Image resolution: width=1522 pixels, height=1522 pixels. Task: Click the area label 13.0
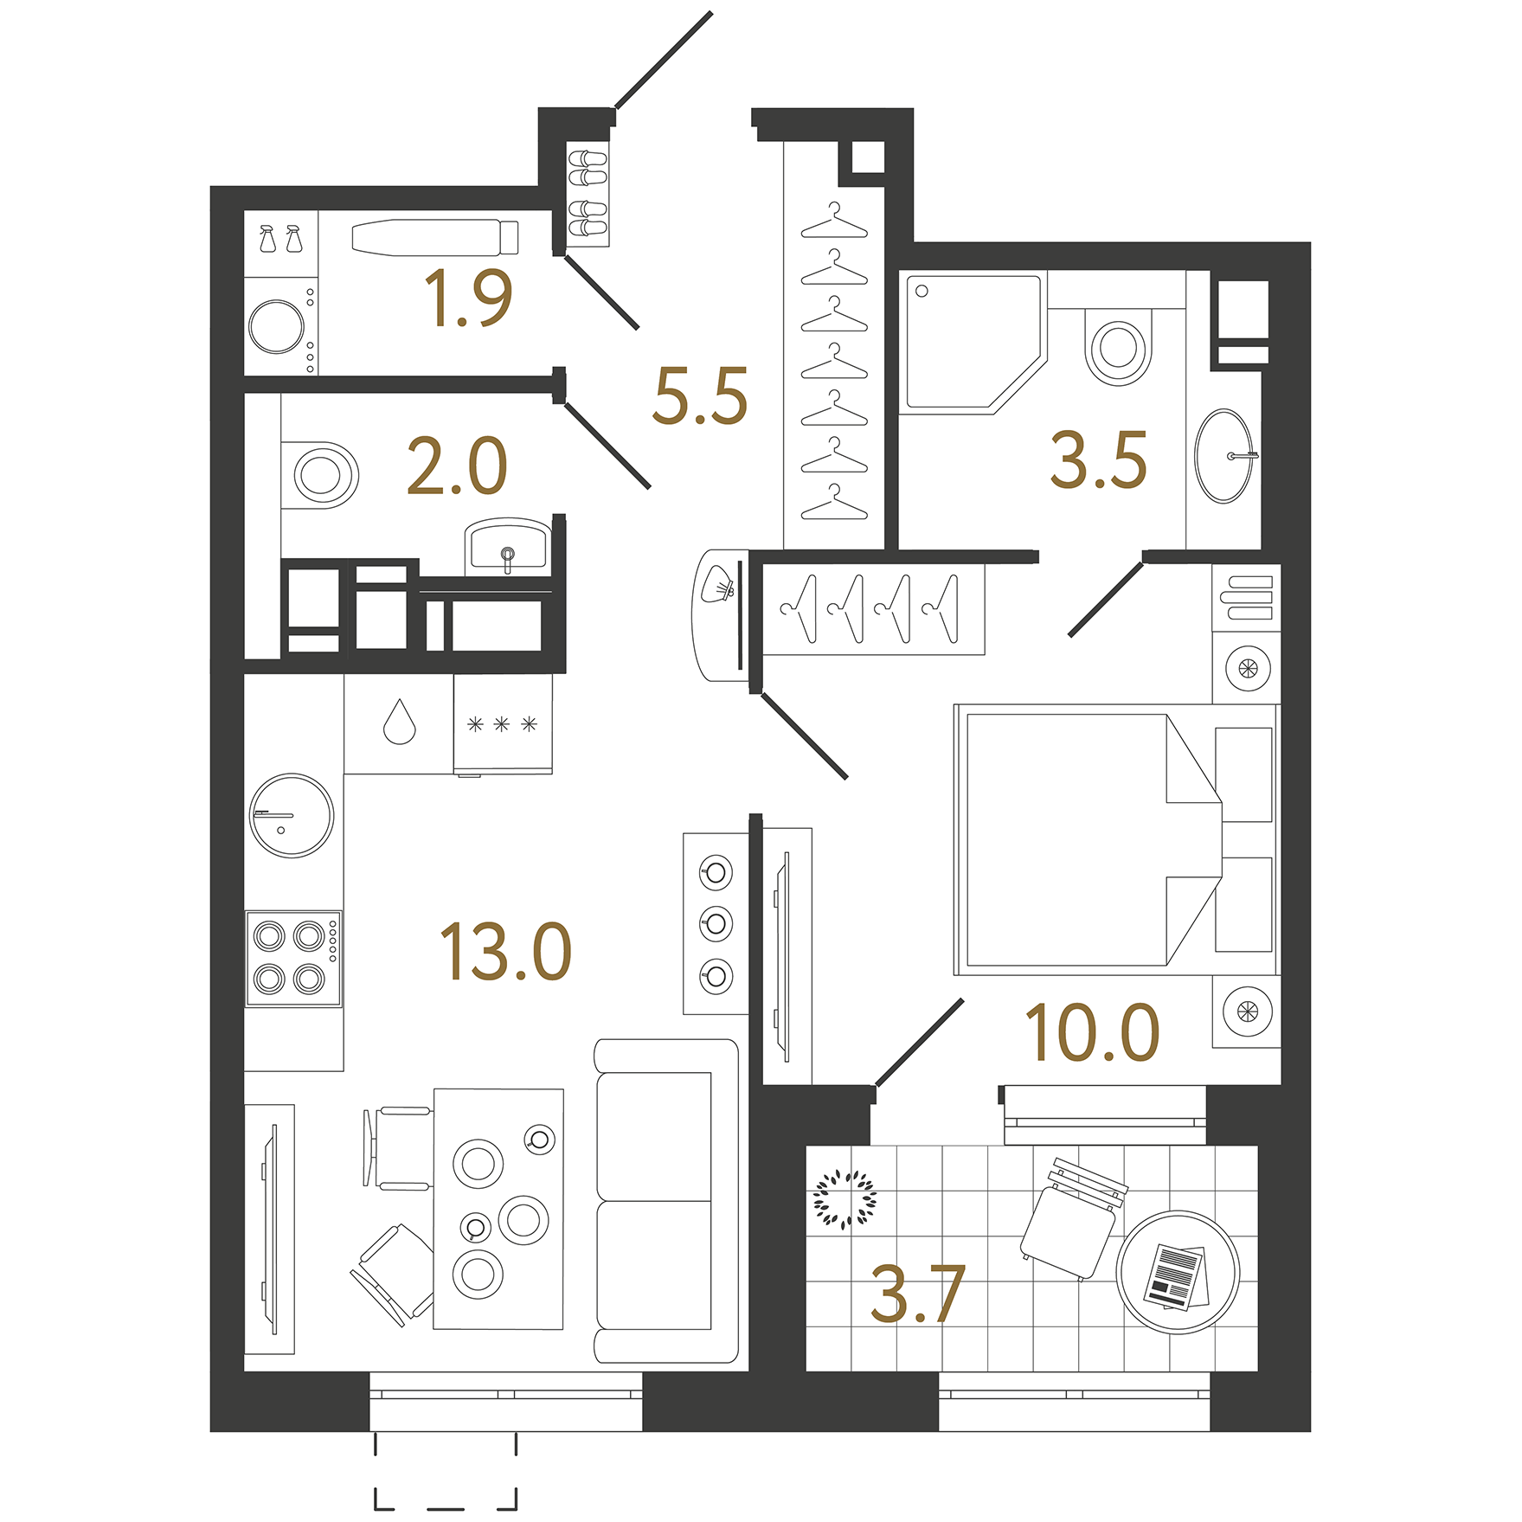[x=506, y=952]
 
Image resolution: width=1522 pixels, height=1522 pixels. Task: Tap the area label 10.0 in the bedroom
[x=1092, y=1033]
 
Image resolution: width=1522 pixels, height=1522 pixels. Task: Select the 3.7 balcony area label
[x=917, y=1294]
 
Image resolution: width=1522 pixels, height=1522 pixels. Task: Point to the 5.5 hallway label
[x=700, y=396]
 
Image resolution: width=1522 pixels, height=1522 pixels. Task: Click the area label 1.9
[x=468, y=299]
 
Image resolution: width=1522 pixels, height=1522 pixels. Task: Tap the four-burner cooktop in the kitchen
[x=292, y=958]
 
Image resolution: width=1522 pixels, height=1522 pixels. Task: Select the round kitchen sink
[x=292, y=815]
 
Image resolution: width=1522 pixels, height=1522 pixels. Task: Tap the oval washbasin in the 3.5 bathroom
[x=1223, y=456]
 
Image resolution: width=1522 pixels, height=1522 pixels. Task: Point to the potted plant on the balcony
[x=844, y=1199]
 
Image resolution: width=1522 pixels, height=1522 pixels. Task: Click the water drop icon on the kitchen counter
[x=399, y=722]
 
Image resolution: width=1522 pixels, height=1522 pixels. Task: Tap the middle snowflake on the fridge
[x=502, y=724]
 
